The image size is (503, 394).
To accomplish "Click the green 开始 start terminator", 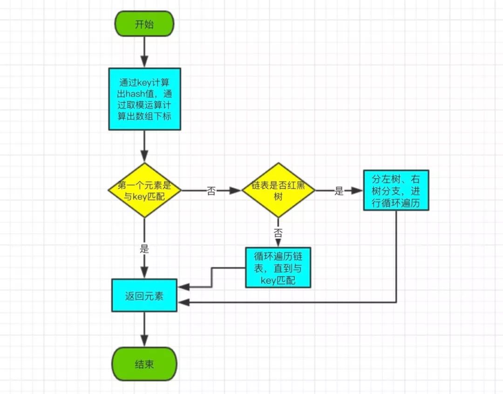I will (144, 24).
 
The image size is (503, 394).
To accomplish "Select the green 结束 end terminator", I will (144, 364).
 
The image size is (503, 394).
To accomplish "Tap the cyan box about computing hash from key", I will (144, 99).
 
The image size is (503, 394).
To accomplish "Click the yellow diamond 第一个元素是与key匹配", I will (144, 190).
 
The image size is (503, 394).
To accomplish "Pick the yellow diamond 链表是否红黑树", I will (278, 190).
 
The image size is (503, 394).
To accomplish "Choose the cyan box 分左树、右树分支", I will (396, 190).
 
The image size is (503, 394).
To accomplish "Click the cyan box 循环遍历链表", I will (278, 267).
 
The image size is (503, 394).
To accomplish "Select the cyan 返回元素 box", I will (144, 295).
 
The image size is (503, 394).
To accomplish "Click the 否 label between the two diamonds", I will (211, 191).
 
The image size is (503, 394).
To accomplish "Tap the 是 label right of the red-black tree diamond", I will (339, 191).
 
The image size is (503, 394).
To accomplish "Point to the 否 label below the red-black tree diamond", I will (278, 232).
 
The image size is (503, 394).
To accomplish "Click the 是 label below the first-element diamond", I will (144, 248).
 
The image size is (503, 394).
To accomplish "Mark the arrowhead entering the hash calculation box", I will (144, 63).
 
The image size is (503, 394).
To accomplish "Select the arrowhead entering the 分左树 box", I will (358, 191).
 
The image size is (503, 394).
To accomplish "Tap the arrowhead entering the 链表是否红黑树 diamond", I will (236, 191).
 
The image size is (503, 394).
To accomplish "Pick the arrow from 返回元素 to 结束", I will (144, 328).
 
